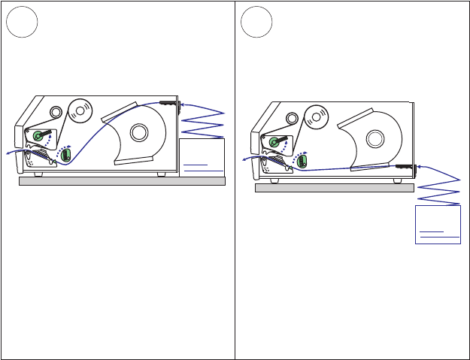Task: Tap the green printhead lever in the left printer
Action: (38, 135)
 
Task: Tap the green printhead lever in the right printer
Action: (274, 141)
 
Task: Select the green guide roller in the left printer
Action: (65, 155)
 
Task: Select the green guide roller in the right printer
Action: (302, 161)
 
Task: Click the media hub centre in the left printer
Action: (139, 132)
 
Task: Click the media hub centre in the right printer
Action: (374, 138)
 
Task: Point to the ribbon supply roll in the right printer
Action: (317, 116)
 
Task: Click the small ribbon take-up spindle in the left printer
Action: (55, 113)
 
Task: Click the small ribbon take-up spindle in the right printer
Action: (290, 119)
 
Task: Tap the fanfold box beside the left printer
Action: (202, 157)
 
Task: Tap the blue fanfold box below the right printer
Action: (438, 224)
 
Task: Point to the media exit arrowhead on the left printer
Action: (8, 152)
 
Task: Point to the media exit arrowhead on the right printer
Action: (244, 159)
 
